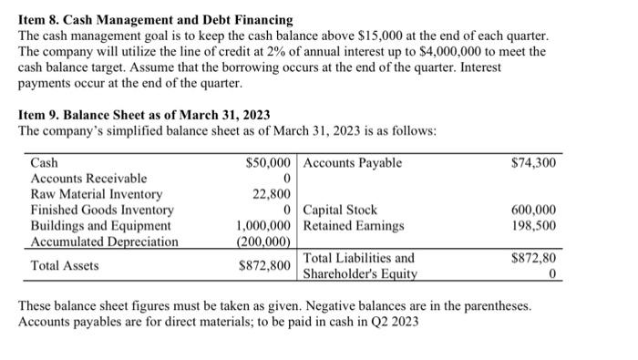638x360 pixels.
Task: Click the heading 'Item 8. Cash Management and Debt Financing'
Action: [156, 19]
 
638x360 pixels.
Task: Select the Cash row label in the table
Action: [45, 163]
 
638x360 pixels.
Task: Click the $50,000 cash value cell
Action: [269, 163]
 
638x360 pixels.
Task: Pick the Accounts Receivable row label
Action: [88, 179]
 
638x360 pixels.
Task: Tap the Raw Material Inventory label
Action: [97, 194]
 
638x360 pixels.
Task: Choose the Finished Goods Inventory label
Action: [102, 210]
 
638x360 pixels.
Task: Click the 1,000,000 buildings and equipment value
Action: [263, 225]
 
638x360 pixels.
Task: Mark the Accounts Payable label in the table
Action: [352, 163]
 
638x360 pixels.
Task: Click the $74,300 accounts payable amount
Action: [536, 163]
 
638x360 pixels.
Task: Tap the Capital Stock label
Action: [341, 210]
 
